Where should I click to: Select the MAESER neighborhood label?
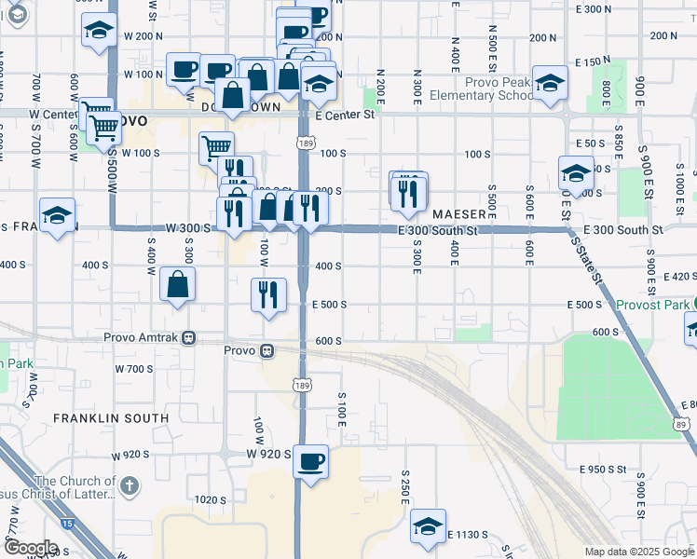click(x=454, y=213)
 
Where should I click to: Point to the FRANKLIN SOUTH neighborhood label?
click(x=111, y=418)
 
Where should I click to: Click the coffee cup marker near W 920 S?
click(x=310, y=460)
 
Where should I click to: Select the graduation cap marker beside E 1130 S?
click(x=428, y=526)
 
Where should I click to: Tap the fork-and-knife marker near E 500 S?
click(x=267, y=295)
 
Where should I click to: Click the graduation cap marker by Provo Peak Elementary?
click(x=550, y=82)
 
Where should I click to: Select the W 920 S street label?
click(x=269, y=454)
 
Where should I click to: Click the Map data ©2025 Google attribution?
click(x=638, y=552)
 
